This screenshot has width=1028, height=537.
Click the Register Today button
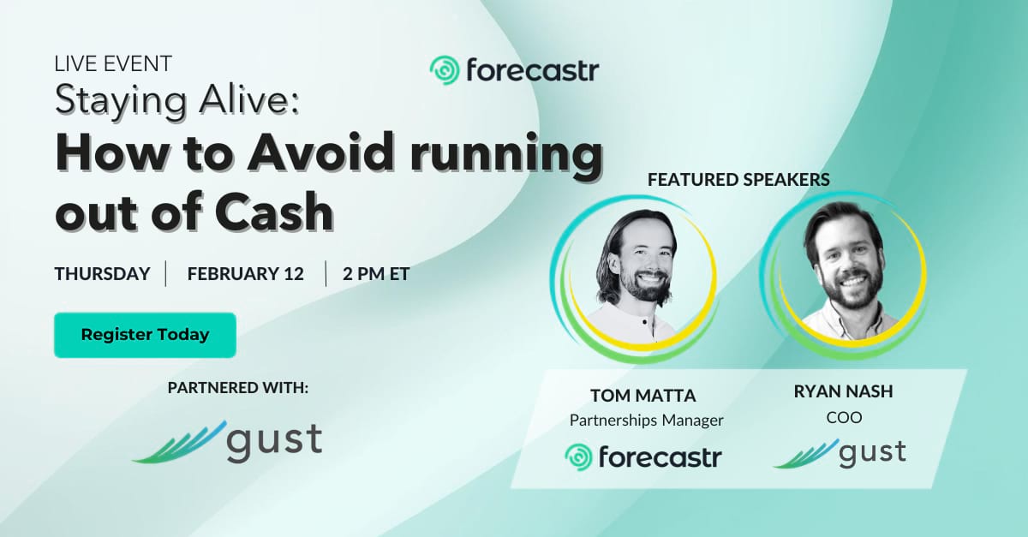coord(145,335)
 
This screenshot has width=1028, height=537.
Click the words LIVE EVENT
coord(113,63)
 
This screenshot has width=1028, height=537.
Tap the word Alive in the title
coord(248,100)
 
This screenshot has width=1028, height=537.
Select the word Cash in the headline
coord(274,212)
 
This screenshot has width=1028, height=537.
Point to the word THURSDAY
coord(102,274)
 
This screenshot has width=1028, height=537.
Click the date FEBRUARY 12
coord(246,274)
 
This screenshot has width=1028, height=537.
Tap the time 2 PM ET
coord(376,274)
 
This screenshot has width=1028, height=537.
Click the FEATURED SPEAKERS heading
coord(738,180)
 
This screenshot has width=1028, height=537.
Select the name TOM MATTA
coord(643,396)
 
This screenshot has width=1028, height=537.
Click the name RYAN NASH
coord(844,391)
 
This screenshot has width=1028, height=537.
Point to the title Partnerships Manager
coord(646,420)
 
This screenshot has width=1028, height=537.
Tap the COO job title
coord(844,418)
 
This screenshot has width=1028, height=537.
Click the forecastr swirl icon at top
coord(445,71)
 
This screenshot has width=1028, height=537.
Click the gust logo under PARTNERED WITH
coord(227,442)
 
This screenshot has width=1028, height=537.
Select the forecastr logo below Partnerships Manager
coord(643,456)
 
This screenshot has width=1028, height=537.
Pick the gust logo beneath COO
coord(840,453)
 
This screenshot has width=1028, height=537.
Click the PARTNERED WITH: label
coord(238,388)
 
